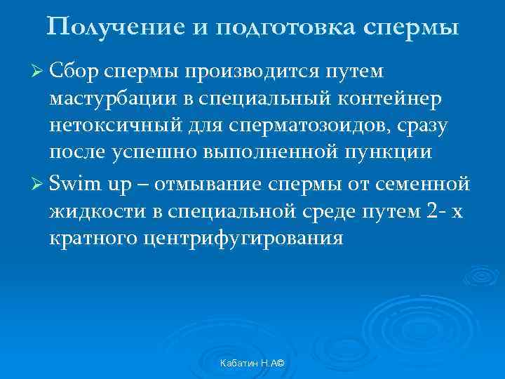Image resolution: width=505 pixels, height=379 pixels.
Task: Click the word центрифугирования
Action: pyautogui.click(x=244, y=239)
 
